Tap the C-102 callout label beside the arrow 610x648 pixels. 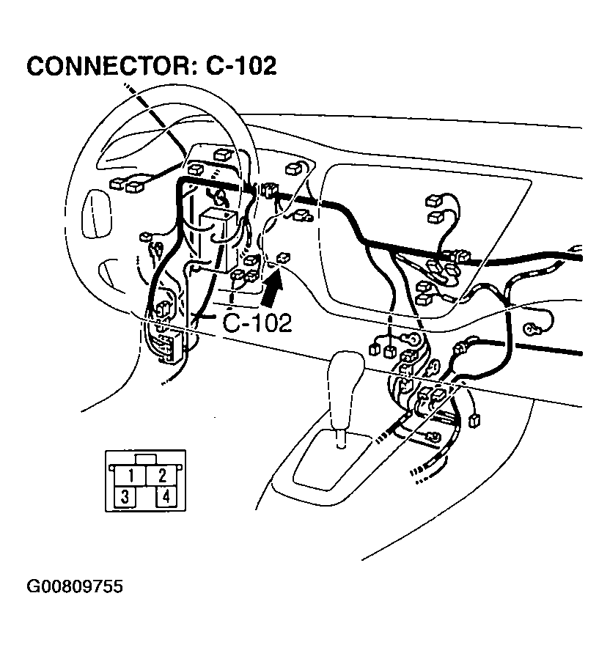(x=257, y=323)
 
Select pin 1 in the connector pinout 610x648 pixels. (x=130, y=474)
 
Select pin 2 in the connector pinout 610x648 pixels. (x=163, y=474)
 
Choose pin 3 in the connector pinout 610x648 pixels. (x=125, y=497)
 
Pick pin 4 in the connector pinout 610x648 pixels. (x=166, y=497)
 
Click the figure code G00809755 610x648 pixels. (x=75, y=587)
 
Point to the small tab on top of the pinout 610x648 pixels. (x=146, y=459)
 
